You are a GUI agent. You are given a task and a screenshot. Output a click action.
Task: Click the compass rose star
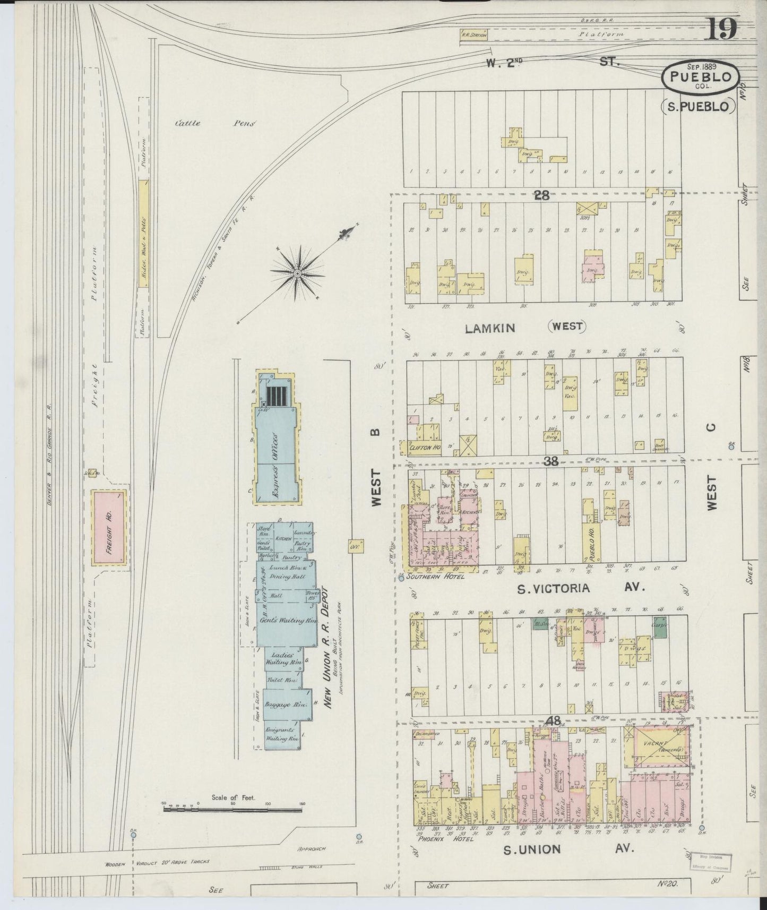(297, 273)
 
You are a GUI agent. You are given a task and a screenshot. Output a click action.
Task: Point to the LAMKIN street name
(489, 328)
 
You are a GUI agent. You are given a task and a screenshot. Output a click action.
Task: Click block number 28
(541, 195)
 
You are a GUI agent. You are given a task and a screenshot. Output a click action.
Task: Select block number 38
(551, 461)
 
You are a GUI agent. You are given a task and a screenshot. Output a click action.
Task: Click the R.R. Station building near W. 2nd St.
(473, 35)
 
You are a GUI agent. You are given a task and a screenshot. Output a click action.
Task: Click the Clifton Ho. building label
(425, 448)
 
